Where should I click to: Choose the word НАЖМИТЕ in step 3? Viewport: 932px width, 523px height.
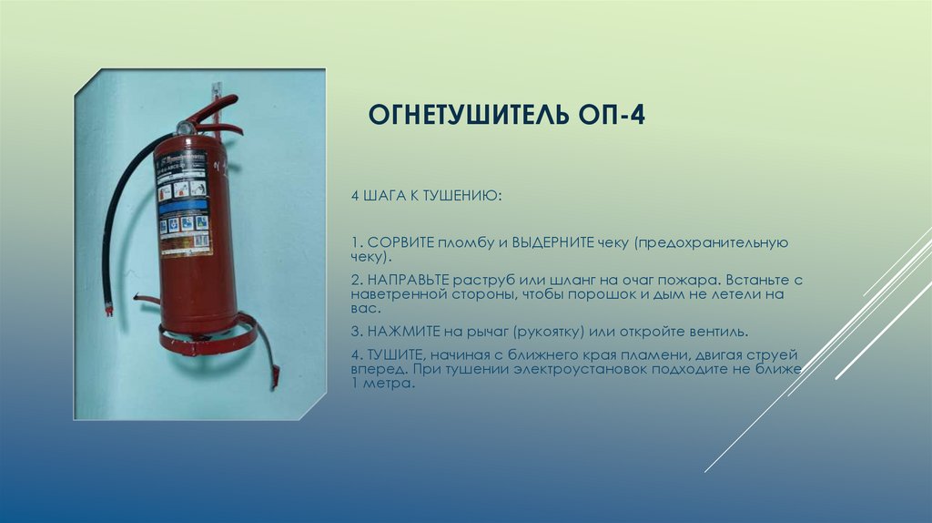pos(399,330)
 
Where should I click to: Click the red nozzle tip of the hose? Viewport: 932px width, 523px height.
pos(108,310)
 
